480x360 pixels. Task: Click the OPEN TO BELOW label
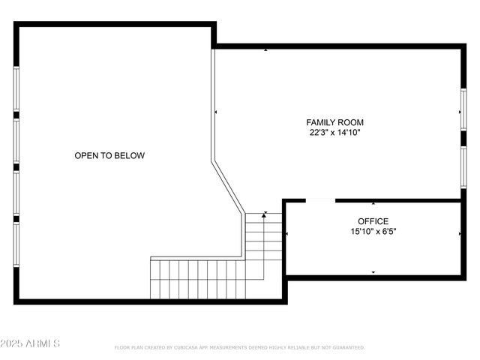[x=109, y=156]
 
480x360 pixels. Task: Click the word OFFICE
[x=373, y=221]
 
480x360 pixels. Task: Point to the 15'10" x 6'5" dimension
[x=373, y=232]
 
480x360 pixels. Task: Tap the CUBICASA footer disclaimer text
[x=239, y=347]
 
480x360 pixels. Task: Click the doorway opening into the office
[x=320, y=200]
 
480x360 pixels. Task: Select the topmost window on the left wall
[x=16, y=90]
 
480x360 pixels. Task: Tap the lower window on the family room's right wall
[x=463, y=166]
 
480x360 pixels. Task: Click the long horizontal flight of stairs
[x=196, y=278]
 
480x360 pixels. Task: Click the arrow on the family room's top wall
[x=266, y=50]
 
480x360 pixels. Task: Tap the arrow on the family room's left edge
[x=216, y=112]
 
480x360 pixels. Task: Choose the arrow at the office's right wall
[x=460, y=235]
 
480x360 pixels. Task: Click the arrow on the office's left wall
[x=287, y=235]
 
